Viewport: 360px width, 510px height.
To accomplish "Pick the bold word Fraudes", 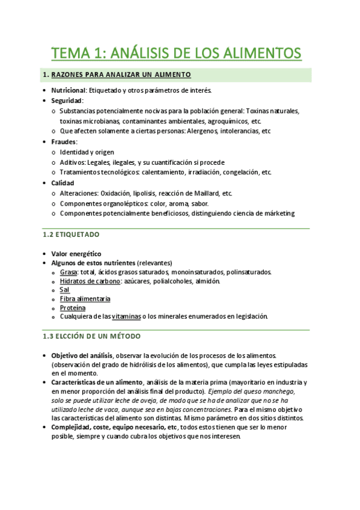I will tap(64, 142).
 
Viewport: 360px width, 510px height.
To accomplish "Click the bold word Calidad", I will tap(63, 183).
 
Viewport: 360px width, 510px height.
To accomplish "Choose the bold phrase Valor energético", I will tap(76, 254).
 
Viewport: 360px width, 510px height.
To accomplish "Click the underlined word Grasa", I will tap(69, 272).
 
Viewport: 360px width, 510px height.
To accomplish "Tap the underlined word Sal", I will tap(65, 290).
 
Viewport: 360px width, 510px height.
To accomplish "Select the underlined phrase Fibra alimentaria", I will tap(85, 299).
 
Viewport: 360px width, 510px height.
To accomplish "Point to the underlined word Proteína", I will tap(73, 308).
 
